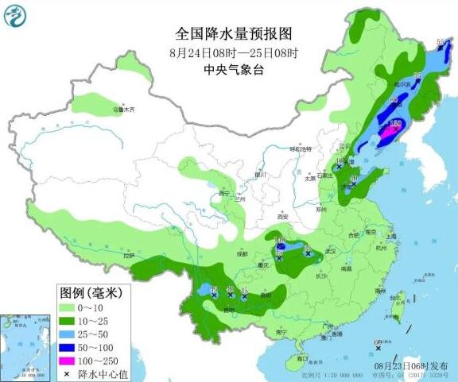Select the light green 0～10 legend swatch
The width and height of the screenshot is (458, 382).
[x=68, y=307]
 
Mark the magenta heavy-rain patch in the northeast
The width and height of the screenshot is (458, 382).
[x=390, y=133]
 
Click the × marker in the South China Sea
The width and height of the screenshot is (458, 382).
[x=378, y=348]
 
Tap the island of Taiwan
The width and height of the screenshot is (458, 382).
[x=400, y=299]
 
